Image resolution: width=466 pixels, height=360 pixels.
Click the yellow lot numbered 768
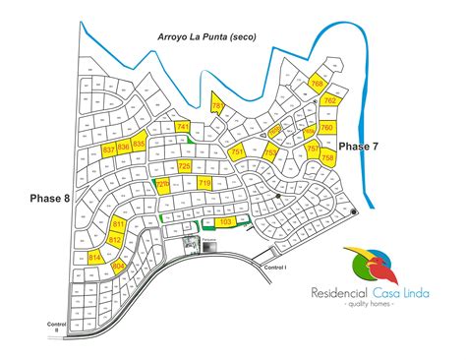tap(317, 85)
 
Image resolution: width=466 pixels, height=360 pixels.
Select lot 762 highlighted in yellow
tap(330, 100)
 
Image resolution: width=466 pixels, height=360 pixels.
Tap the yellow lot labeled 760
tap(327, 128)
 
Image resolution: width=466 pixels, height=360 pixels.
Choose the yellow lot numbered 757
tap(314, 150)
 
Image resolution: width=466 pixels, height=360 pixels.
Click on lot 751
tap(237, 152)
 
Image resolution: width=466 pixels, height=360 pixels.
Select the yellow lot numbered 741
tap(183, 141)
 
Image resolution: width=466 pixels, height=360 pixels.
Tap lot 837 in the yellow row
tap(109, 150)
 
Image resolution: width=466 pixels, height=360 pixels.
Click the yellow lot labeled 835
tap(139, 145)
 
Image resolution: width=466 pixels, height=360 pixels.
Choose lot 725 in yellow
tap(184, 166)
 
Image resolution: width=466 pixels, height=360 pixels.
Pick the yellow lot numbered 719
tap(204, 184)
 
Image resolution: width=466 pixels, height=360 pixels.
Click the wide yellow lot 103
tap(225, 222)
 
